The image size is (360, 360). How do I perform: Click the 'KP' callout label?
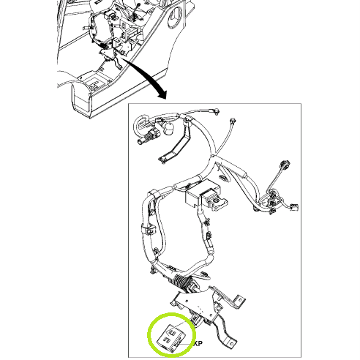[198, 343]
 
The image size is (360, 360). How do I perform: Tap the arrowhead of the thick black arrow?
[162, 94]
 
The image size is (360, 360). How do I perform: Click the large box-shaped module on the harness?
[203, 193]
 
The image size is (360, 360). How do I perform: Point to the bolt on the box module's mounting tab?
[216, 200]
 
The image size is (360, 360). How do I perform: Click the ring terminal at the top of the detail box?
[217, 111]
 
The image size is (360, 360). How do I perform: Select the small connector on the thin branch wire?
[233, 120]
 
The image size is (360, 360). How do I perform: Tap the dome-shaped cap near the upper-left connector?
[168, 128]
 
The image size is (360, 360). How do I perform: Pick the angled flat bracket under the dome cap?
[176, 144]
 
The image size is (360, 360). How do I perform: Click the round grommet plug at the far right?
[285, 164]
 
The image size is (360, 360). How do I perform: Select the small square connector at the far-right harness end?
[293, 207]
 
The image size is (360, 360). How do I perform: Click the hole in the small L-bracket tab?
[241, 300]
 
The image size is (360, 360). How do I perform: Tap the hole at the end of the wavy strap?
[231, 343]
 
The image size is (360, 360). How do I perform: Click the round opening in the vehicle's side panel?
[176, 17]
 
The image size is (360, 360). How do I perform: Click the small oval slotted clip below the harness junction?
[223, 177]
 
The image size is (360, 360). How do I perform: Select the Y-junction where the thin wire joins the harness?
[213, 155]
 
